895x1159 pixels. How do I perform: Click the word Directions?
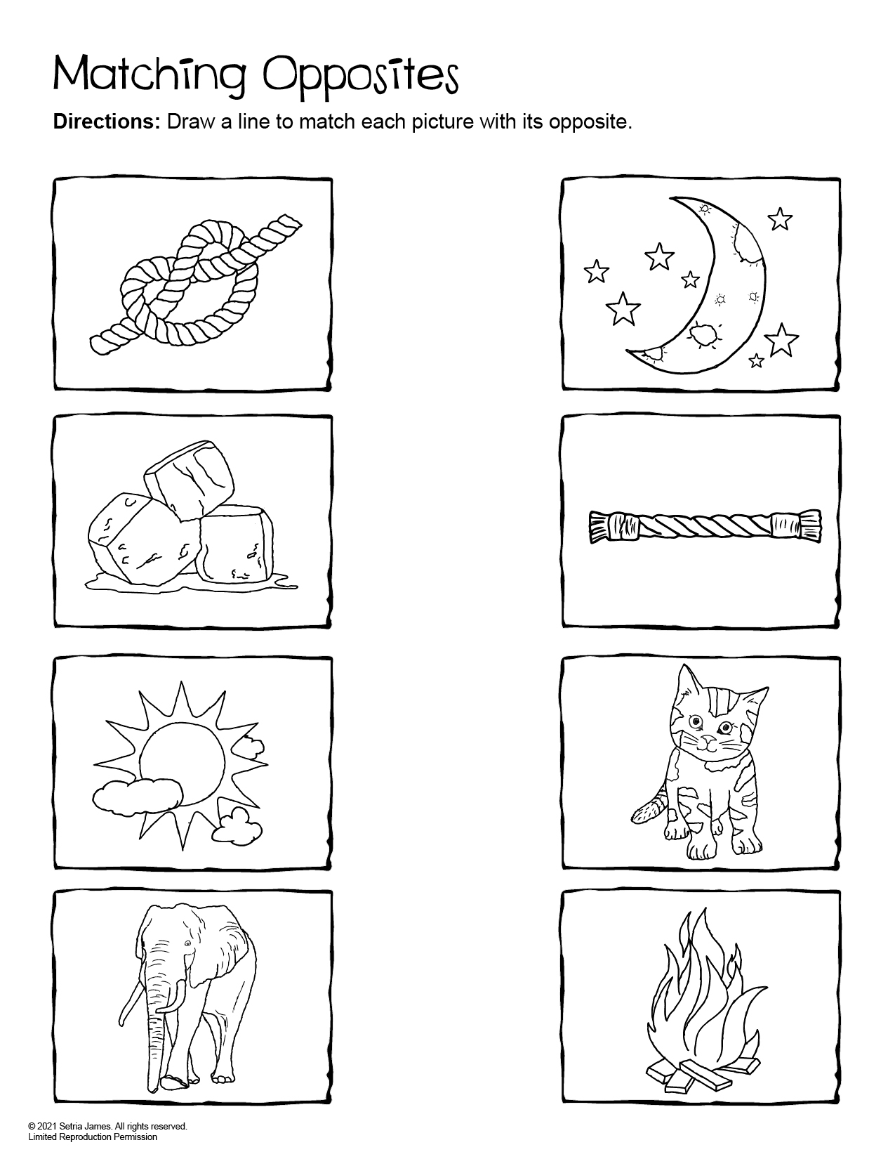pos(107,122)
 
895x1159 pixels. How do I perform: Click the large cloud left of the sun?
pos(137,794)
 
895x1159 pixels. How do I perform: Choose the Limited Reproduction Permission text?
pos(92,1137)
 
